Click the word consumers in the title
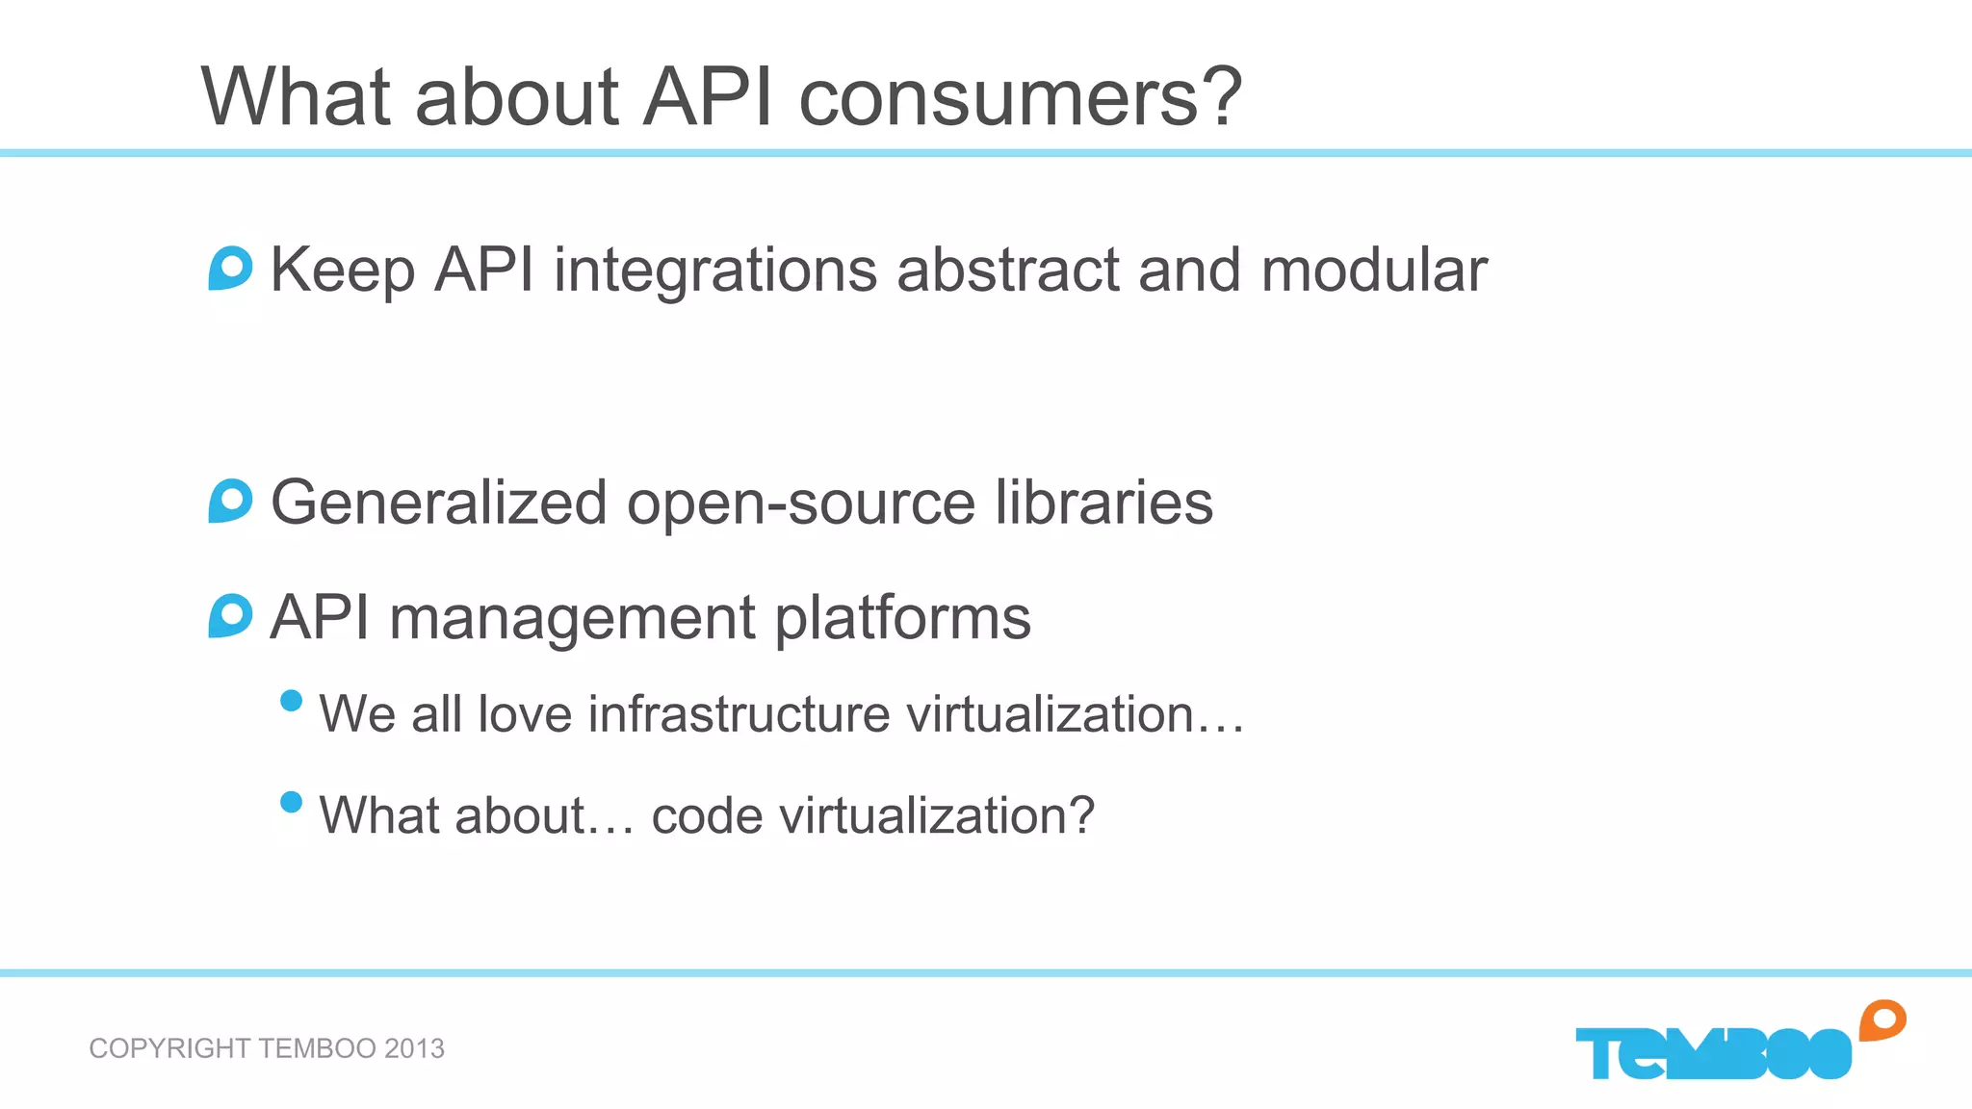[x=1021, y=98]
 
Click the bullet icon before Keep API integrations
[x=230, y=269]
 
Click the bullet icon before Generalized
[x=230, y=501]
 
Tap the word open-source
[x=801, y=504]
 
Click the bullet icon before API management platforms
[x=230, y=616]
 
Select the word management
[x=572, y=620]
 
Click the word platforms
[x=902, y=620]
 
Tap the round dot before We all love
[x=291, y=701]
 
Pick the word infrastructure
[x=739, y=714]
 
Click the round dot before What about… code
[x=291, y=802]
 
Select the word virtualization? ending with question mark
[x=936, y=816]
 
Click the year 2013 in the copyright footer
[x=414, y=1048]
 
